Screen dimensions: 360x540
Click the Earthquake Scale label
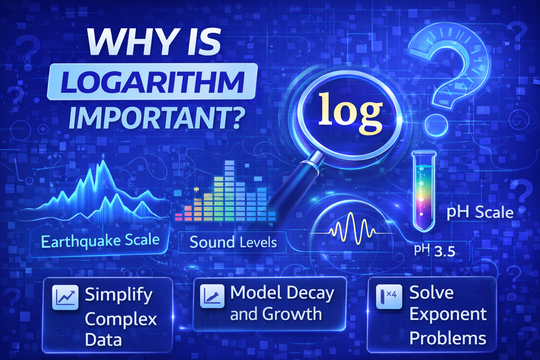(100, 241)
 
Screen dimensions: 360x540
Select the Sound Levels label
(233, 242)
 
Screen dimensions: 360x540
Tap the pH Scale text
(480, 213)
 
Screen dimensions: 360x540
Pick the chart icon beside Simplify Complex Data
(65, 297)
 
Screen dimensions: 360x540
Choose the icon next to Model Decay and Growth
(212, 296)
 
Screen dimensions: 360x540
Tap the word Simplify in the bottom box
(118, 295)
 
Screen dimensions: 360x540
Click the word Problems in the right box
(448, 339)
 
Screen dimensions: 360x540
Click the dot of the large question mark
(436, 125)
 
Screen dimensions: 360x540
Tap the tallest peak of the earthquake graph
(103, 163)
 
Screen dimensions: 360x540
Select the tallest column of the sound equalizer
(230, 190)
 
